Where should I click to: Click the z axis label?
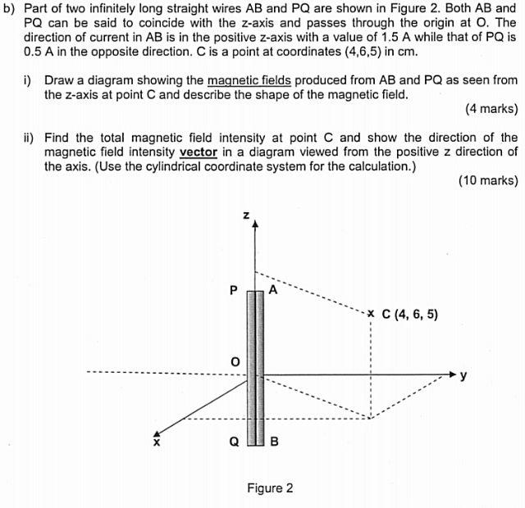click(247, 215)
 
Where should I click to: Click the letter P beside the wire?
click(234, 289)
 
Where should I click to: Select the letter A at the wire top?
click(273, 289)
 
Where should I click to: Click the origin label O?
click(235, 361)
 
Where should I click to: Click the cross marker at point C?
click(372, 313)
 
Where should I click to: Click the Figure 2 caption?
click(270, 488)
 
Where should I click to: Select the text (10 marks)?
click(488, 181)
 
